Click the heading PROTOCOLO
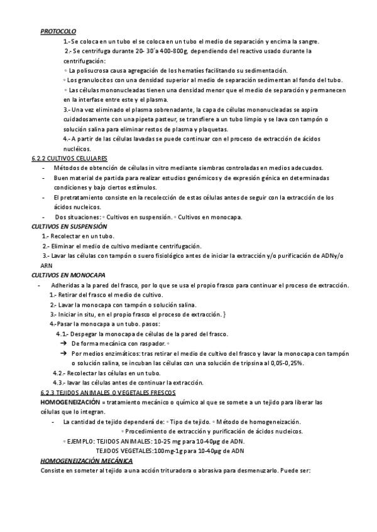(x=58, y=31)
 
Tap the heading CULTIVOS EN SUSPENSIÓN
(x=70, y=226)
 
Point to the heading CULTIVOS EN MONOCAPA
(x=68, y=275)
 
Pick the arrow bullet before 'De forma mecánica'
(x=63, y=344)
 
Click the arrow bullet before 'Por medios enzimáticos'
(x=63, y=354)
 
